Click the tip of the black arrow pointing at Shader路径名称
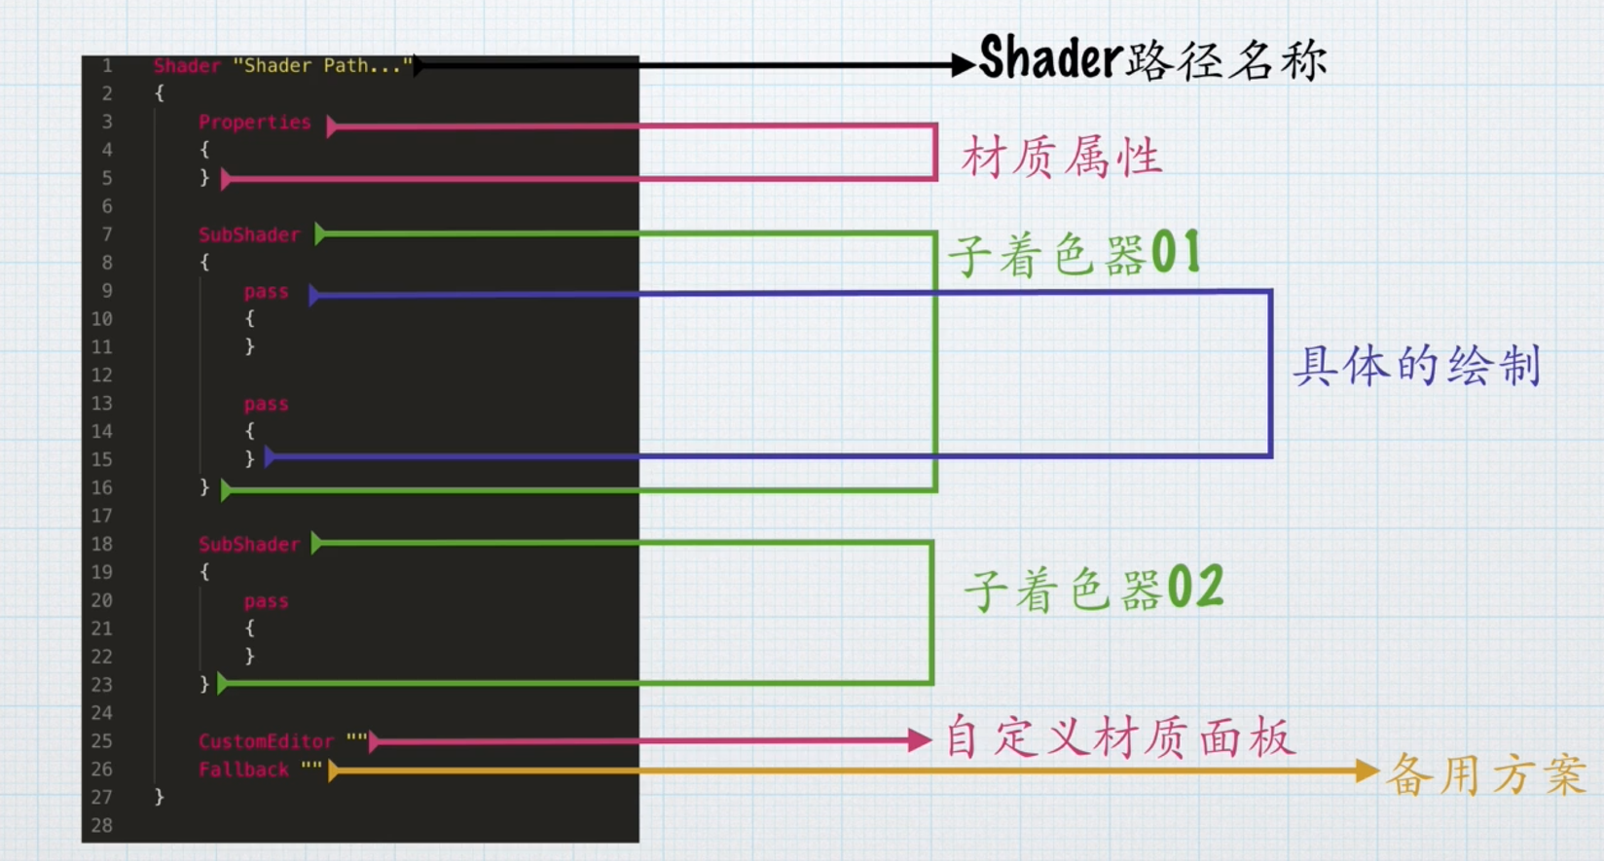click(x=975, y=65)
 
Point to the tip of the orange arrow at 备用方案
click(x=1379, y=771)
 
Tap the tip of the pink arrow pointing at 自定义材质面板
click(x=931, y=740)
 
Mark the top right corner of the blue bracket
click(x=1270, y=291)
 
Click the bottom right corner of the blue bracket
click(x=1270, y=455)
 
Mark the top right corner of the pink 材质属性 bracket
click(x=935, y=126)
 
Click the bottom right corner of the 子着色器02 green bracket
click(x=931, y=683)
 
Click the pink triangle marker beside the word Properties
click(x=332, y=126)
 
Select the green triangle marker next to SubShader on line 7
click(x=320, y=234)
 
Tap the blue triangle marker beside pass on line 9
click(x=313, y=295)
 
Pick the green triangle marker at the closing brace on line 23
click(x=222, y=684)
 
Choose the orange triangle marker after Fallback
click(x=333, y=771)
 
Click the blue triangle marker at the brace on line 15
click(x=270, y=456)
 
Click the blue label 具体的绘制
click(x=1417, y=366)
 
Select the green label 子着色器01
click(x=1075, y=254)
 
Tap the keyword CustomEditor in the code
click(x=267, y=741)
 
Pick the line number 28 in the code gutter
click(x=101, y=825)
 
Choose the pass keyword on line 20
click(x=267, y=601)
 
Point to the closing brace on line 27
click(x=159, y=797)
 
